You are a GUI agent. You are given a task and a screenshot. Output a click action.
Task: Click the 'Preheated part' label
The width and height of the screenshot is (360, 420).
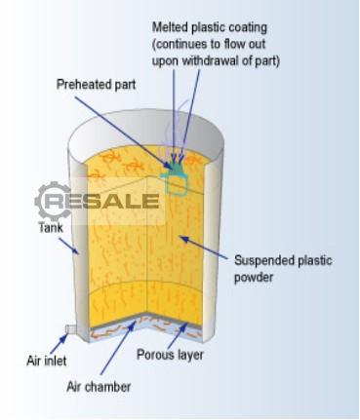tap(96, 85)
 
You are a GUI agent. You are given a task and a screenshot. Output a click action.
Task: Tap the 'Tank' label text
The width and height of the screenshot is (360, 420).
tap(51, 227)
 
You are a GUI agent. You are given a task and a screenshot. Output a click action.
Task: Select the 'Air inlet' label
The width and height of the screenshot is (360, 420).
tap(46, 361)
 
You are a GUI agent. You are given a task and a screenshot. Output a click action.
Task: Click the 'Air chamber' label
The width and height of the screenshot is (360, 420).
tap(99, 387)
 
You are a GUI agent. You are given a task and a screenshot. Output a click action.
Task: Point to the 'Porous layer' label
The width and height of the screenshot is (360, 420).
tap(170, 355)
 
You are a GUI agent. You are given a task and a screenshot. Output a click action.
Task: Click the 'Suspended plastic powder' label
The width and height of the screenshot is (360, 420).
tap(283, 269)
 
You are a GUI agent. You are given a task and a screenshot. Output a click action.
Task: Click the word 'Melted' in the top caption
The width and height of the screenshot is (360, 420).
tap(170, 27)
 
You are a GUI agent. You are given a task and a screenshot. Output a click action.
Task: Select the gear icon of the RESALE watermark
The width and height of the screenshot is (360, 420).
tap(53, 201)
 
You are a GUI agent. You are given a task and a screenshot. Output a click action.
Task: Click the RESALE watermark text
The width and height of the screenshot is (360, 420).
tap(101, 202)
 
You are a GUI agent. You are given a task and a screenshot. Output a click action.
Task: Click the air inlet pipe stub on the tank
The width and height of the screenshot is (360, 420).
tap(70, 328)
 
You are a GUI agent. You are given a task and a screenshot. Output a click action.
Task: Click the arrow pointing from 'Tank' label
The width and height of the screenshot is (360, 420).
tap(68, 246)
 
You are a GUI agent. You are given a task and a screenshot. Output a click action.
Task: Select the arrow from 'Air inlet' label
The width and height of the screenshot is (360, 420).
tap(60, 344)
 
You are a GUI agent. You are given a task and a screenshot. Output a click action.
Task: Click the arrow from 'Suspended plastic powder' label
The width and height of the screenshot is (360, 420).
tap(204, 248)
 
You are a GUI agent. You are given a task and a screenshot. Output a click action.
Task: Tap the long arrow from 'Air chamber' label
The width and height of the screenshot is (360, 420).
tap(118, 347)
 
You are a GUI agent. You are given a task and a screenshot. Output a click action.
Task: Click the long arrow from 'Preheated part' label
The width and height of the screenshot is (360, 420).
tap(124, 133)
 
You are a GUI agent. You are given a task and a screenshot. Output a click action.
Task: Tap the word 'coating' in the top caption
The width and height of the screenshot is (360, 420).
tap(248, 27)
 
